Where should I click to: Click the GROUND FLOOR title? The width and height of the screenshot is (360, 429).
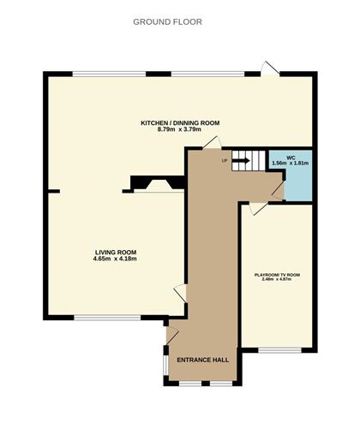click(168, 21)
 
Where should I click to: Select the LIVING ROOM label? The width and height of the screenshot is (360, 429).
click(116, 252)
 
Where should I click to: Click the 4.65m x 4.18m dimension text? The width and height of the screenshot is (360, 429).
click(116, 259)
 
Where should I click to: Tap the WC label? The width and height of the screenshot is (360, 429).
click(291, 157)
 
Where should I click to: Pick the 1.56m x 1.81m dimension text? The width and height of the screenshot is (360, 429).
click(291, 164)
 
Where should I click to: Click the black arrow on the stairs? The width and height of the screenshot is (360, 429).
click(240, 160)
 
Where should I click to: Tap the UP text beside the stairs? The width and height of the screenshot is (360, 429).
click(225, 161)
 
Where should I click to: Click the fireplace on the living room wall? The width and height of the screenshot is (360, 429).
click(155, 183)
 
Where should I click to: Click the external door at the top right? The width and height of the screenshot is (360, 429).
click(270, 68)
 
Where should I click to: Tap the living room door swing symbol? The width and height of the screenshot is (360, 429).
click(180, 293)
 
